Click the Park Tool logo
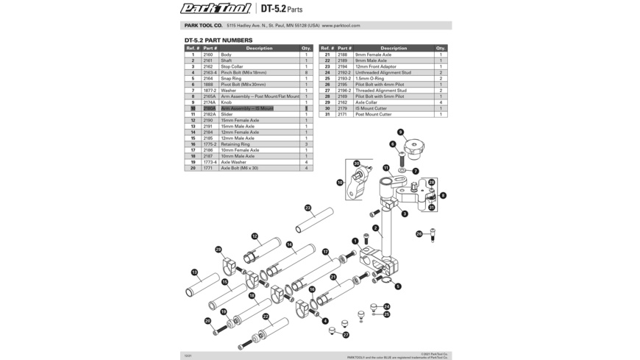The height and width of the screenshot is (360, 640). [x=216, y=9]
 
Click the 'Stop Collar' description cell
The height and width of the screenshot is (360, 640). [x=232, y=66]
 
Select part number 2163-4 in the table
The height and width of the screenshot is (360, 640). [x=210, y=73]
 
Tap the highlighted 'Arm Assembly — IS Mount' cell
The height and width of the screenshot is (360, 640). [x=247, y=108]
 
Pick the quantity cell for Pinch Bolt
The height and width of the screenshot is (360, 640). [x=306, y=73]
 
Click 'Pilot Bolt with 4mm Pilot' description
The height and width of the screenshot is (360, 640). [x=380, y=85]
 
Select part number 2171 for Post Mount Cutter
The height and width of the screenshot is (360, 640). [x=343, y=114]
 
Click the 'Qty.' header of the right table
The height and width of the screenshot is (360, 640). [x=441, y=48]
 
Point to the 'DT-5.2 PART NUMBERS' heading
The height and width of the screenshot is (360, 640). [x=218, y=40]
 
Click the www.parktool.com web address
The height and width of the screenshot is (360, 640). [x=341, y=26]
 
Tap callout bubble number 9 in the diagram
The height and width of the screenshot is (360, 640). [x=401, y=133]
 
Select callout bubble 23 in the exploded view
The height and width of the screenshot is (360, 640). [x=307, y=208]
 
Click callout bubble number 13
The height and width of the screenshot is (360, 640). [x=194, y=272]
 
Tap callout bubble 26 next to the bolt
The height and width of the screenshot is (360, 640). [x=419, y=234]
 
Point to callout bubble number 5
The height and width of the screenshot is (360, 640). [x=398, y=286]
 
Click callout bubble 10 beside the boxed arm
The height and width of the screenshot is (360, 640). [x=340, y=183]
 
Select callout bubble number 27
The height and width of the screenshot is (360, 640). [x=346, y=335]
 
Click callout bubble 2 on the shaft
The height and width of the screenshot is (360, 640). [x=376, y=228]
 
